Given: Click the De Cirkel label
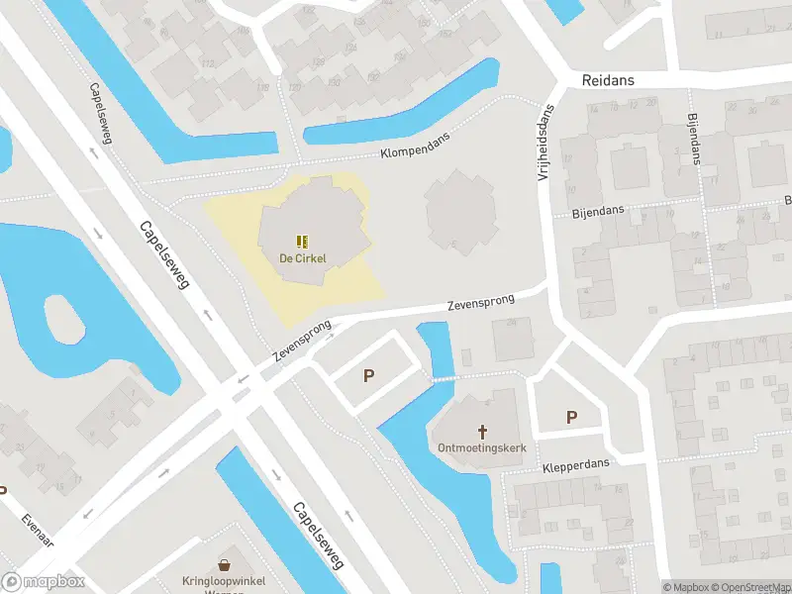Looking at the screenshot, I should [302, 258].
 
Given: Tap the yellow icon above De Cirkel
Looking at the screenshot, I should [302, 241].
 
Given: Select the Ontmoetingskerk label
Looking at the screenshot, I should [482, 447].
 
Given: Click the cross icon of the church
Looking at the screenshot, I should [483, 431].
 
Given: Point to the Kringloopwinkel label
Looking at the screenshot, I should [227, 581].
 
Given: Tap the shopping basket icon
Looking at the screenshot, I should [228, 564].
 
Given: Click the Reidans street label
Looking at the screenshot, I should [609, 80].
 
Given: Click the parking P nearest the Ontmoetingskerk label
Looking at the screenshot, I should [571, 418].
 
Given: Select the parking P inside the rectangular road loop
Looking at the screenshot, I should [369, 376].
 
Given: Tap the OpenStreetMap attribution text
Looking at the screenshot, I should [749, 587].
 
